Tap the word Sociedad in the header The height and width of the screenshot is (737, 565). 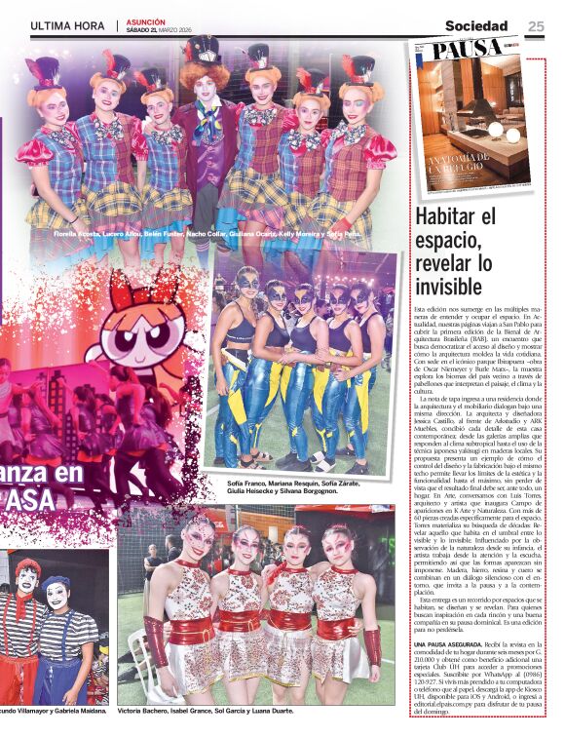point(476,26)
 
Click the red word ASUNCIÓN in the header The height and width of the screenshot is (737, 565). point(146,21)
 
